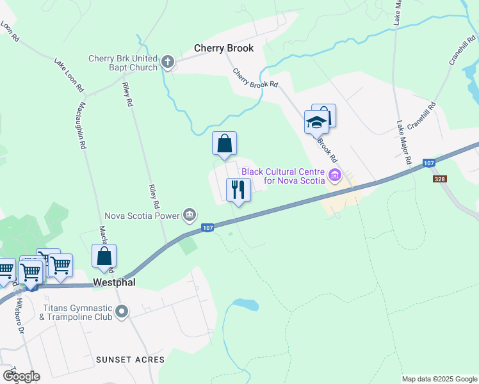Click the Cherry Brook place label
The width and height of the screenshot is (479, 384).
(224, 48)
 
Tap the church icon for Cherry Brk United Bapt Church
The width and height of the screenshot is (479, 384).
(168, 62)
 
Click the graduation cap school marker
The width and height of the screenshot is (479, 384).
(316, 120)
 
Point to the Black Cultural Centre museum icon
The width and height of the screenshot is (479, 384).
(334, 175)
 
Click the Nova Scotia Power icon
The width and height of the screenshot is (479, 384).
(190, 215)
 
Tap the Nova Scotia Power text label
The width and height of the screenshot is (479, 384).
(142, 216)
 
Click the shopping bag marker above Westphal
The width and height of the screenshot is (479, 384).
(104, 256)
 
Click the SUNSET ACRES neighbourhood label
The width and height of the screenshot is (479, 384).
(131, 360)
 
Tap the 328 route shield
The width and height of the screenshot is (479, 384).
(439, 179)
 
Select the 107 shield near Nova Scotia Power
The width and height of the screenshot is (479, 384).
(207, 227)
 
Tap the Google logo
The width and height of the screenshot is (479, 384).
(20, 376)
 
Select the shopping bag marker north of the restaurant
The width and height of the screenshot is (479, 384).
(224, 143)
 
